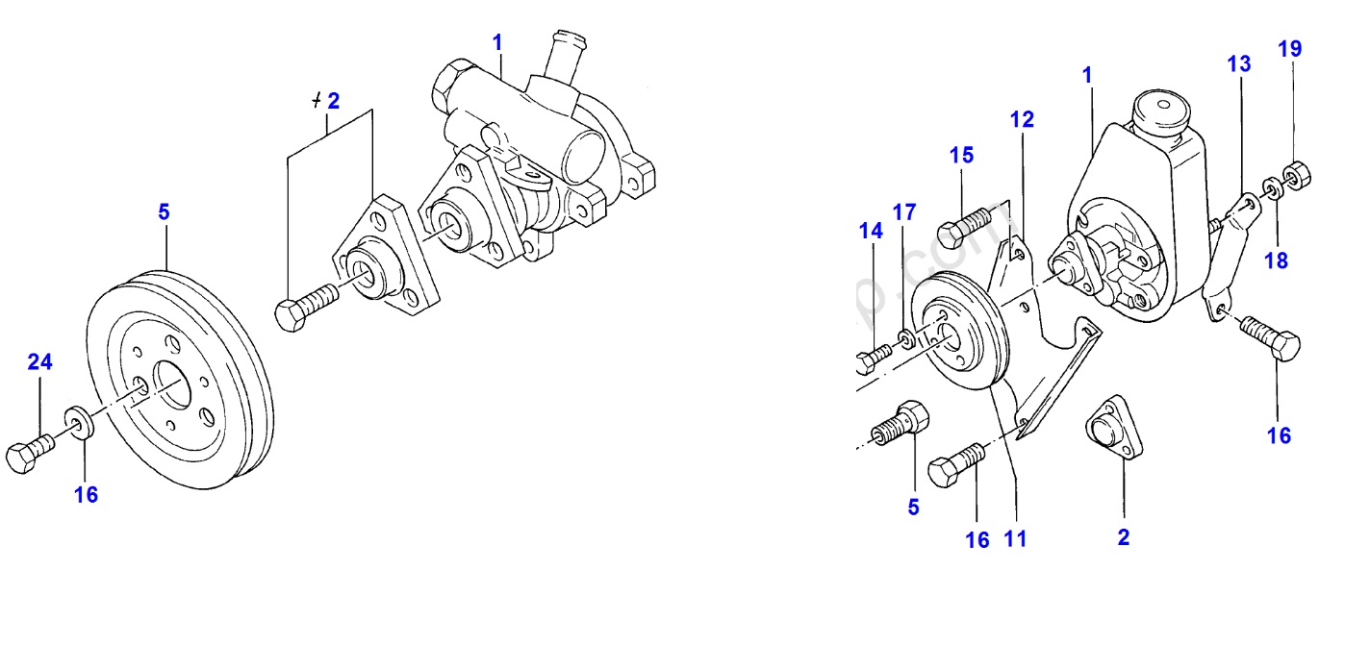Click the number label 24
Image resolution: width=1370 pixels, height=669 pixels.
click(39, 362)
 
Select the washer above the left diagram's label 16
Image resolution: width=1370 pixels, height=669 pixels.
click(77, 421)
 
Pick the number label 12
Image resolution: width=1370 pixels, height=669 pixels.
click(1021, 119)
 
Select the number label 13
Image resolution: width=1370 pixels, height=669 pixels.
click(1239, 64)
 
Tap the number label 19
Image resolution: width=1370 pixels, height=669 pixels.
click(1290, 49)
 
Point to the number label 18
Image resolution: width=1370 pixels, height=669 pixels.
click(1276, 260)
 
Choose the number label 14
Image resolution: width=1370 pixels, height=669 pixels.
click(871, 231)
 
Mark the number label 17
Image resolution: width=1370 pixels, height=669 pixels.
click(904, 211)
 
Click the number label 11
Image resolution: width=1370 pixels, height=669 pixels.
click(1015, 539)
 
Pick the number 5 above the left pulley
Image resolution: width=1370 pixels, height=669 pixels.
click(164, 211)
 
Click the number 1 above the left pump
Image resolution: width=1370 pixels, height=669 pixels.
click(497, 42)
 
